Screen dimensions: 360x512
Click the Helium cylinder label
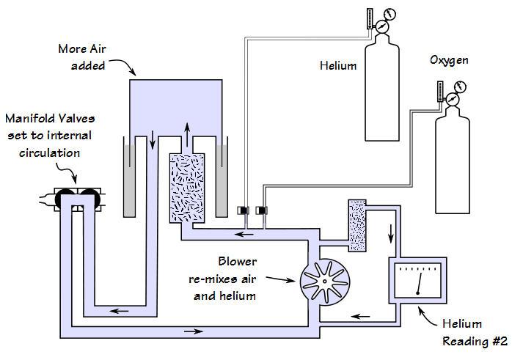(338, 66)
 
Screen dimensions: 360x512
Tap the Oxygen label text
(449, 59)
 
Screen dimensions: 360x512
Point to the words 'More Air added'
(81, 57)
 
